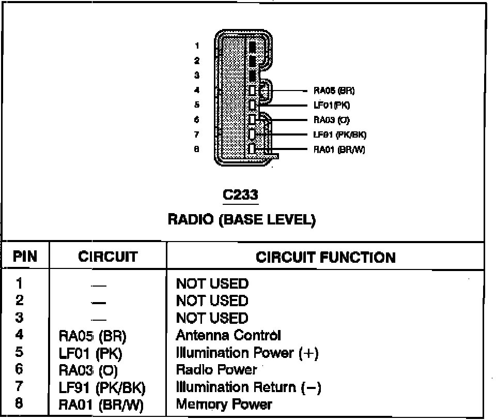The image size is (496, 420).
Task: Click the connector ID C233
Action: [x=240, y=195]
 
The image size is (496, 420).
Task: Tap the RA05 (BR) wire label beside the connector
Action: [x=334, y=91]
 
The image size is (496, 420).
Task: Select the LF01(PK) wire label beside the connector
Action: [x=332, y=105]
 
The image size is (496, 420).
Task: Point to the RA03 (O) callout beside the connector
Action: [x=332, y=120]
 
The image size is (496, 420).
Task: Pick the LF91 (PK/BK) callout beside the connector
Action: [x=339, y=135]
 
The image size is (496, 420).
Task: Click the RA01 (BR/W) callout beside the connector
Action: [x=339, y=150]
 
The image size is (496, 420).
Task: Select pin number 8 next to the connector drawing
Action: [x=197, y=150]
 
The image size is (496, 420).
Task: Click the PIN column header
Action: [x=25, y=257]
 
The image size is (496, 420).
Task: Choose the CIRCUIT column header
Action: [x=108, y=257]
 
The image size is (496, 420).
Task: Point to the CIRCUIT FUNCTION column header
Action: [x=326, y=257]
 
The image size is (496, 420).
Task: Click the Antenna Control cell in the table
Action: [x=228, y=335]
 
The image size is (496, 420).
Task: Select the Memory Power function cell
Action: [x=224, y=404]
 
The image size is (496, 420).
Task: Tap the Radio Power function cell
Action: [x=216, y=369]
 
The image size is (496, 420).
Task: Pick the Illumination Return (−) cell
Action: [x=249, y=387]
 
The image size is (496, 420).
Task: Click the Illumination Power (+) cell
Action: [x=247, y=353]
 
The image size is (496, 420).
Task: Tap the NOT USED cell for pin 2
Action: [x=212, y=301]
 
